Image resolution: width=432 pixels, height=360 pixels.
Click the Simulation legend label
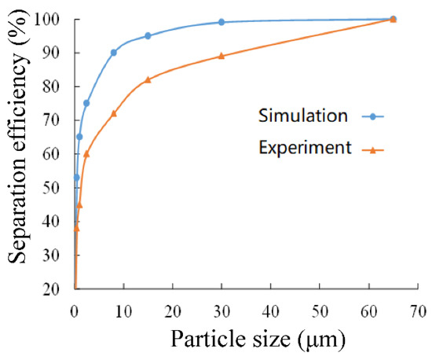303,116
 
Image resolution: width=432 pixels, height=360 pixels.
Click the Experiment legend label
302,147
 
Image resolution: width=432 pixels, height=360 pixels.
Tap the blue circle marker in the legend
370,116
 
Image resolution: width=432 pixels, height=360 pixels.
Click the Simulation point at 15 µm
148,35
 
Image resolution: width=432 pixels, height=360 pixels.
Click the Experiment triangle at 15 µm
148,79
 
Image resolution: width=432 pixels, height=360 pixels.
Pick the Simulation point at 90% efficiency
114,53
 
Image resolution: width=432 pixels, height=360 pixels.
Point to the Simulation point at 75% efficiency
86,103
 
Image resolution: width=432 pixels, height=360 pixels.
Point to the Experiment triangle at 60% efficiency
86,154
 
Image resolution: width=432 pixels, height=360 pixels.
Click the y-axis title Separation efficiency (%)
18,153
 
